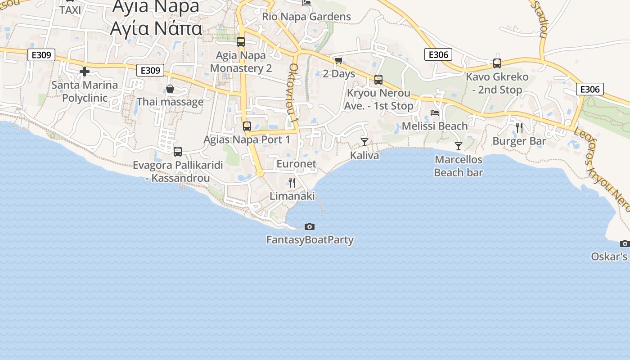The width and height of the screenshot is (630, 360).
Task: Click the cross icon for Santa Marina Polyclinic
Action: click(x=85, y=72)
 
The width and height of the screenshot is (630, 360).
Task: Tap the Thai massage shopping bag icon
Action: click(x=170, y=89)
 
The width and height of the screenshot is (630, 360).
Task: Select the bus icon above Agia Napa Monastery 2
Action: click(x=241, y=42)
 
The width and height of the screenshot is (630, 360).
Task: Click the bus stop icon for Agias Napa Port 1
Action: click(x=247, y=126)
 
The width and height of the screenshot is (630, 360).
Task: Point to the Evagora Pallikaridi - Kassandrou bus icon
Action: click(x=178, y=152)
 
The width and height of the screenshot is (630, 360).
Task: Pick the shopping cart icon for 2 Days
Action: click(x=338, y=60)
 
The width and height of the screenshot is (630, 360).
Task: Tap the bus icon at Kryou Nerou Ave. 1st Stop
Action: click(x=378, y=80)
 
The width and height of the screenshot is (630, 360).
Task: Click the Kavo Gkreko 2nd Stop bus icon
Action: click(x=497, y=63)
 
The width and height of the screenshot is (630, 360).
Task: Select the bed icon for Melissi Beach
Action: click(x=435, y=113)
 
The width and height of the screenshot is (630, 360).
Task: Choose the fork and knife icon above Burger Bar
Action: click(x=519, y=128)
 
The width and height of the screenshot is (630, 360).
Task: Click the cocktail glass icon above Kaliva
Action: click(x=364, y=142)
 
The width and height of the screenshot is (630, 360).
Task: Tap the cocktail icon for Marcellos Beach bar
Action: click(x=459, y=146)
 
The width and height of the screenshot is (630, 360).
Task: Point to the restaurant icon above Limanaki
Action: click(x=292, y=183)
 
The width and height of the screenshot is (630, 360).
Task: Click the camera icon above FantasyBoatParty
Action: click(x=310, y=226)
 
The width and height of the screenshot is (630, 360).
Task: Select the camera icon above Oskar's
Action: click(x=625, y=243)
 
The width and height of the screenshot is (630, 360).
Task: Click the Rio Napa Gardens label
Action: click(x=306, y=17)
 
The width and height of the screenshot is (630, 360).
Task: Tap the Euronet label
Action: click(x=297, y=164)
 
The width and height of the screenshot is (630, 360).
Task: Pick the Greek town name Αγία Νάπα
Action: click(x=156, y=28)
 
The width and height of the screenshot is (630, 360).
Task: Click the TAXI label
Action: click(x=70, y=10)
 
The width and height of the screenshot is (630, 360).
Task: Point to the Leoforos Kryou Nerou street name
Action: click(x=608, y=171)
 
